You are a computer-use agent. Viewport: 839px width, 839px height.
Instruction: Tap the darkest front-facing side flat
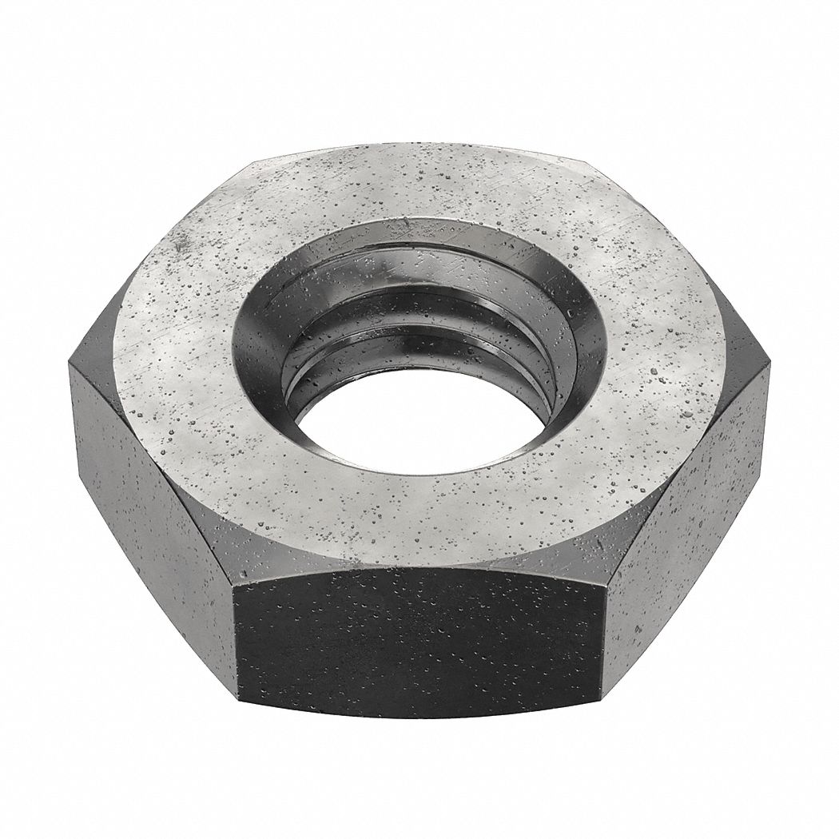pyautogui.click(x=419, y=639)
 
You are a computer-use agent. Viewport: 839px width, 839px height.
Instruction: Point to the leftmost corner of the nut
pyautogui.click(x=70, y=364)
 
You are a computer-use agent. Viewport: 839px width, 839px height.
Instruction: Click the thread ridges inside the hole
pyautogui.click(x=416, y=320)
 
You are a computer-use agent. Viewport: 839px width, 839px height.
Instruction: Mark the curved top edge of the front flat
pyautogui.click(x=419, y=569)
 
